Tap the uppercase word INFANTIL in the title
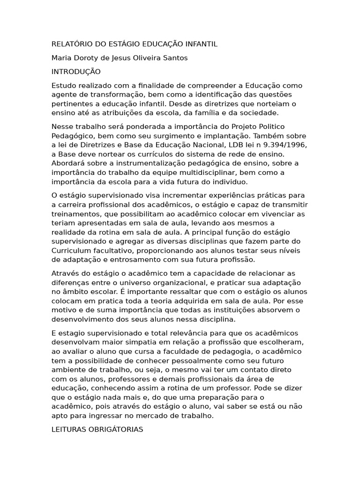202,45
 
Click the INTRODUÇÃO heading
76,72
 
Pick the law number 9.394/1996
259,145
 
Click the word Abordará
67,163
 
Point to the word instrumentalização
143,163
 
